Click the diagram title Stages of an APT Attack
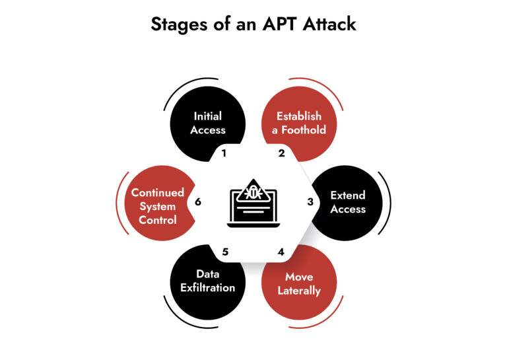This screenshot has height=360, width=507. click(x=253, y=24)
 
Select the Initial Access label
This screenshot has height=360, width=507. click(x=207, y=123)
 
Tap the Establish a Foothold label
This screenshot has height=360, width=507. click(x=299, y=123)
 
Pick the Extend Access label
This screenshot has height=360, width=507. click(x=347, y=201)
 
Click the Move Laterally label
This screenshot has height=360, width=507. click(x=299, y=283)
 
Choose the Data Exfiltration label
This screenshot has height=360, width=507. click(x=207, y=281)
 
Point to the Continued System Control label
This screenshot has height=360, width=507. click(x=157, y=206)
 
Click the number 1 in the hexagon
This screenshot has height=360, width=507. click(x=224, y=153)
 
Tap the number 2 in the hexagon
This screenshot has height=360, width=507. click(x=282, y=153)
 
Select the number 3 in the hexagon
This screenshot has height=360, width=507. click(x=310, y=202)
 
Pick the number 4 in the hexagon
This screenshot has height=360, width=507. click(x=281, y=252)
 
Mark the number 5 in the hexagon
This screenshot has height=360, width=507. click(x=224, y=252)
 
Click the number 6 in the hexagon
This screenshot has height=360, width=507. click(x=197, y=202)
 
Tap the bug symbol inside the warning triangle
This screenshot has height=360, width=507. click(x=253, y=193)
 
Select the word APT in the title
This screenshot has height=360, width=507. click(x=281, y=24)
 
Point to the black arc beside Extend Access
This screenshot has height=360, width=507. click(x=389, y=201)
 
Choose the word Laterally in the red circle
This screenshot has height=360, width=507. click(x=299, y=291)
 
